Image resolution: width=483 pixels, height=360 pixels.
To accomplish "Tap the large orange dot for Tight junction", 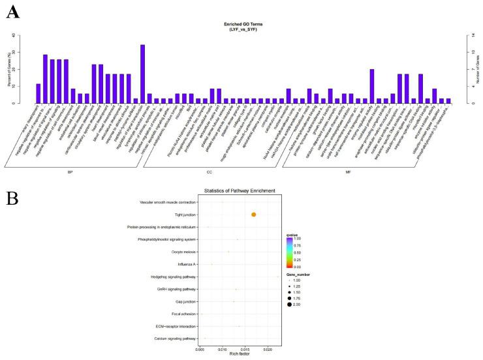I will pos(253,215).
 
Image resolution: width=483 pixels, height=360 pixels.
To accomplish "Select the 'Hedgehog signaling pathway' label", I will pos(168,277).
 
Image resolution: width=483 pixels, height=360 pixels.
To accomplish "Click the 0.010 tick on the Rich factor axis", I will pos(223,350).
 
